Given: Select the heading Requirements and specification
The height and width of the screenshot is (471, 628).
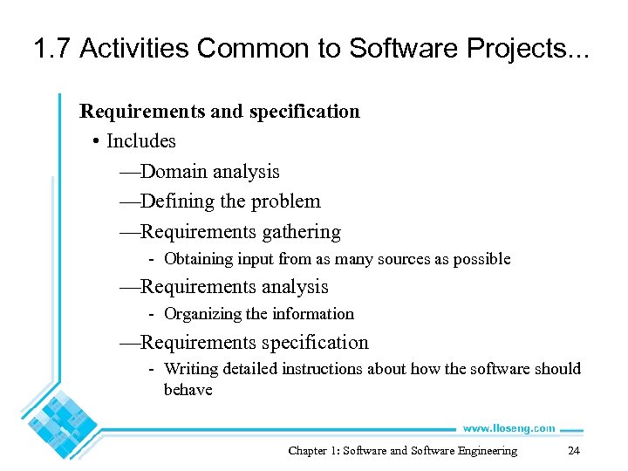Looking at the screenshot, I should (219, 112).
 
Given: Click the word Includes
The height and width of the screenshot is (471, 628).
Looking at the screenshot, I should (140, 141).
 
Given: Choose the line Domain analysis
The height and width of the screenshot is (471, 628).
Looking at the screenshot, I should (200, 172).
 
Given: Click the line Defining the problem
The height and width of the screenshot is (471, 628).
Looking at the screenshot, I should (220, 201).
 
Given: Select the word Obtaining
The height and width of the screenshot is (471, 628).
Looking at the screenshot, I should (198, 259).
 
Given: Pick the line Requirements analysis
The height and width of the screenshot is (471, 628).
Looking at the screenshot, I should (224, 287).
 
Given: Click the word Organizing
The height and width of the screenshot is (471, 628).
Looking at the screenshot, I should (202, 314).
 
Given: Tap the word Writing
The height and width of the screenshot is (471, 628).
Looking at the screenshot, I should (190, 369).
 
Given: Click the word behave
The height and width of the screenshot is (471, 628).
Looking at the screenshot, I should (188, 390).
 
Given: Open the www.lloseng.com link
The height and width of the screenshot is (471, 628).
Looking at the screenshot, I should (508, 428).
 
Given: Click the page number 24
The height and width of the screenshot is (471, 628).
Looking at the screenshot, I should (573, 451).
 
